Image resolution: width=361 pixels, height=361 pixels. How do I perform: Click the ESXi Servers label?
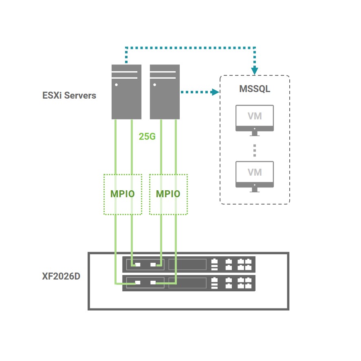[69, 96]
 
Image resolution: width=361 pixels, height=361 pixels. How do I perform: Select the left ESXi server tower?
[126, 92]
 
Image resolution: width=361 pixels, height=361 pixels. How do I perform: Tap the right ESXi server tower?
[165, 92]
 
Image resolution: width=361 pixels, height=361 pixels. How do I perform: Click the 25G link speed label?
[147, 136]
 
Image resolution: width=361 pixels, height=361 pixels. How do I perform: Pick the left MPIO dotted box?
[123, 194]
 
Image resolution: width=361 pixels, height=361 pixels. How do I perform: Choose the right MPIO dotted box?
[168, 194]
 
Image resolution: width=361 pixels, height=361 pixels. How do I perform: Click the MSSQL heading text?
[255, 89]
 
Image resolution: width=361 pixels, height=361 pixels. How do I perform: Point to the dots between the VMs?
[255, 150]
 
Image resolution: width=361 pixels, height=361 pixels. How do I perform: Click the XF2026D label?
[61, 276]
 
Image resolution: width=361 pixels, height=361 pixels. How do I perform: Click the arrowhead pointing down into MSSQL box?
[255, 71]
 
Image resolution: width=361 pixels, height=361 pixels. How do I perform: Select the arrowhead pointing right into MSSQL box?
[216, 92]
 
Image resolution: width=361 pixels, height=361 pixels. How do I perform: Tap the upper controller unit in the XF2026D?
[189, 264]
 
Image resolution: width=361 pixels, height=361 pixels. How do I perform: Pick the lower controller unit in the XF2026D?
[189, 283]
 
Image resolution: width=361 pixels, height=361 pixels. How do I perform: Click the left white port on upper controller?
[138, 264]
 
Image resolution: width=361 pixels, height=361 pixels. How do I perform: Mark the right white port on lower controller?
[153, 282]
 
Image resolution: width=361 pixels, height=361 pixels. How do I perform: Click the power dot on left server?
[117, 85]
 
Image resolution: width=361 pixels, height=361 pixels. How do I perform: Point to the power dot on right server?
[155, 85]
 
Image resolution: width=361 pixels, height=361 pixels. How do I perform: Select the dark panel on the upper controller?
[187, 264]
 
